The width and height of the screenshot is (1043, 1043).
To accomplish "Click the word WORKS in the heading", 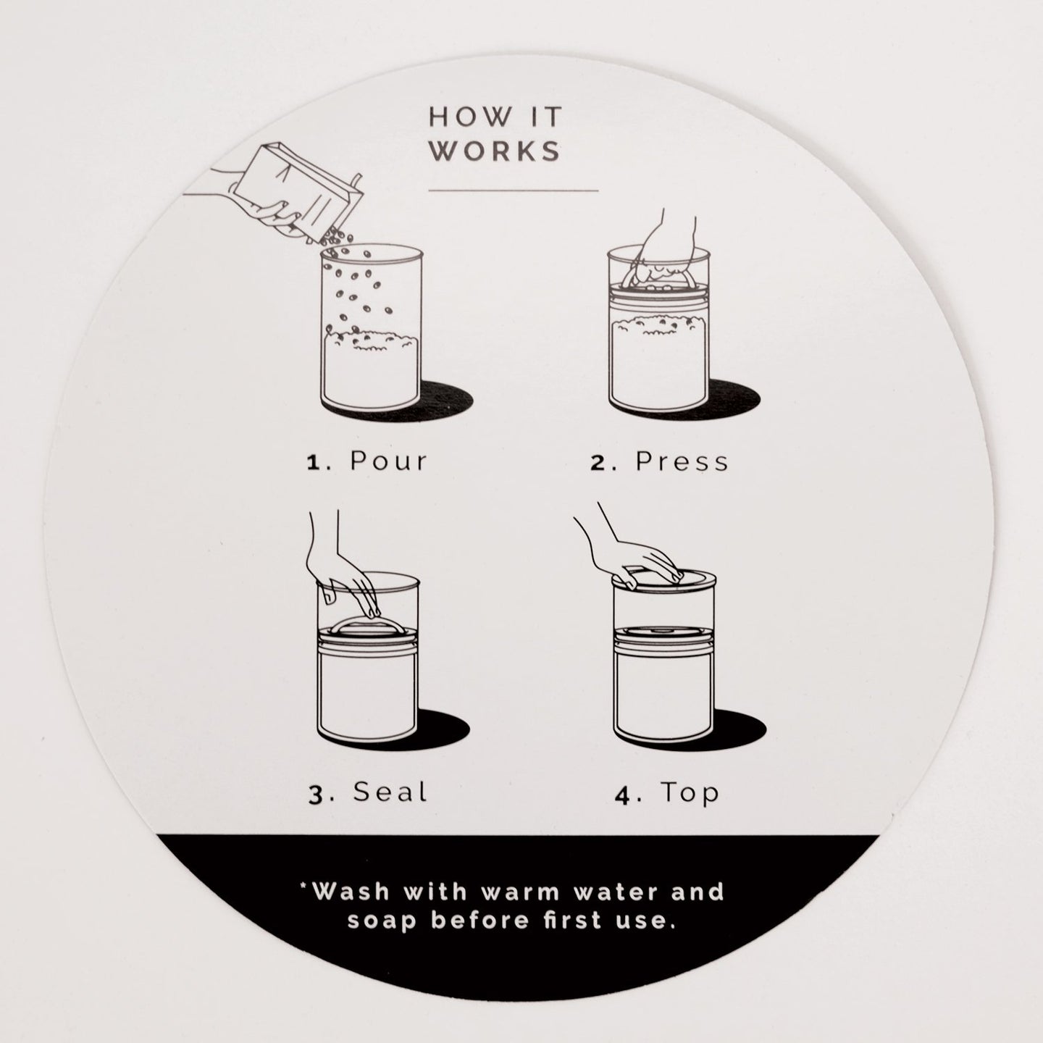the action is point(495,151).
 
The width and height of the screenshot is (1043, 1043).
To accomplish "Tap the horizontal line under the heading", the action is point(513,190).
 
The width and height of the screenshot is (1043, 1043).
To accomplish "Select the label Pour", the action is point(389,461).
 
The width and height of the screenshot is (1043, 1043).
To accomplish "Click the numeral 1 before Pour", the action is point(314,463).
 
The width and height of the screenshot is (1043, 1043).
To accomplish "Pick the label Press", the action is point(682,461).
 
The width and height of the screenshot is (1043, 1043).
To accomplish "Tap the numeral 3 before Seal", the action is point(316,795).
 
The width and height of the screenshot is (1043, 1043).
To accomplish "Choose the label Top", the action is point(690,793).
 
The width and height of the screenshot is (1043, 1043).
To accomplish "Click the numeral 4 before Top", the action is point(624,796).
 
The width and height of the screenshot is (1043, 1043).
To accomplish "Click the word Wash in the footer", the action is point(352,892).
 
